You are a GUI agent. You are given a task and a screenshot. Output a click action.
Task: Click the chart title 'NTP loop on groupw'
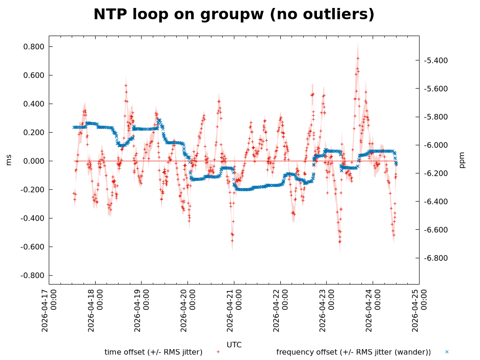(x=234, y=15)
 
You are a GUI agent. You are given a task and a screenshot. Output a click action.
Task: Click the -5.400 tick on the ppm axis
(x=436, y=60)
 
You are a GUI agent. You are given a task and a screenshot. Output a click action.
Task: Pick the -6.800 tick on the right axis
(x=436, y=258)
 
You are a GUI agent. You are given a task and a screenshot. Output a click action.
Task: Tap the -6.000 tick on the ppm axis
(x=436, y=145)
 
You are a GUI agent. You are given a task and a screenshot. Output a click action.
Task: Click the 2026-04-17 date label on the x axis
(x=49, y=310)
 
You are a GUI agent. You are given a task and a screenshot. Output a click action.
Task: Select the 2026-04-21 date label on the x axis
(x=234, y=310)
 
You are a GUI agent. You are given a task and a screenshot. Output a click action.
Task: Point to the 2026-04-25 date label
(x=419, y=310)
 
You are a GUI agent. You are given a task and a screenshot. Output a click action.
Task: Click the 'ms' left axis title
(x=9, y=160)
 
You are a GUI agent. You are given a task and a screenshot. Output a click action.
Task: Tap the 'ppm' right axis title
(x=462, y=160)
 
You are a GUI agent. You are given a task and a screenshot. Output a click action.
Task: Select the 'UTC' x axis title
(x=234, y=345)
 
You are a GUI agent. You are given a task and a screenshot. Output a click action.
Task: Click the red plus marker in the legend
(x=218, y=352)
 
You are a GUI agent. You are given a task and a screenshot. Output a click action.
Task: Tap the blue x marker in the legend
(x=447, y=352)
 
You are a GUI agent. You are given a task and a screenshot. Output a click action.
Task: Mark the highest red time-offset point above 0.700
(x=358, y=58)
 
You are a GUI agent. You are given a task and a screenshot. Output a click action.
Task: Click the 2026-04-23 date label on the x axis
(x=327, y=310)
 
